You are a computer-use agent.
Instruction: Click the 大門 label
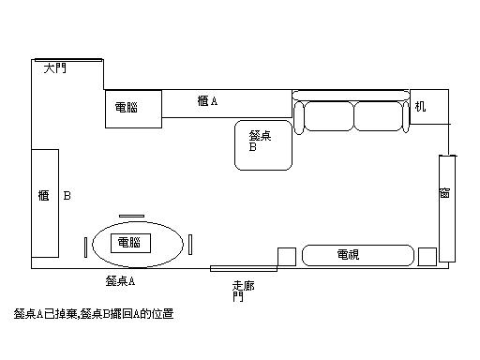click(x=55, y=69)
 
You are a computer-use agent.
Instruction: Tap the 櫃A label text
click(x=209, y=101)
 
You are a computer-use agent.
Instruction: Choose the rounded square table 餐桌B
click(x=263, y=144)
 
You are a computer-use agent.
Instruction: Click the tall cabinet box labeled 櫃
click(x=45, y=202)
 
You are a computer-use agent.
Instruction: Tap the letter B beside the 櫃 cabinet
click(x=67, y=197)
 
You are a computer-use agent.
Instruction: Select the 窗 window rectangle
click(x=446, y=208)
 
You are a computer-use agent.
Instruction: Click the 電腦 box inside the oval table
click(x=131, y=243)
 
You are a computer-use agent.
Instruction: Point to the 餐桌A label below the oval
click(x=121, y=280)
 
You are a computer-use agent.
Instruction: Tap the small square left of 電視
click(x=287, y=256)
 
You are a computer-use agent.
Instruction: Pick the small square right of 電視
click(x=427, y=256)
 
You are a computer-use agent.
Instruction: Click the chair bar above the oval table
click(x=131, y=215)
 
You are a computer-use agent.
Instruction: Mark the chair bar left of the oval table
click(x=86, y=247)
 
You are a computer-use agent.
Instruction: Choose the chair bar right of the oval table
click(x=190, y=245)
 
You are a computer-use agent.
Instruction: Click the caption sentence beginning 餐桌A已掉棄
click(x=94, y=314)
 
